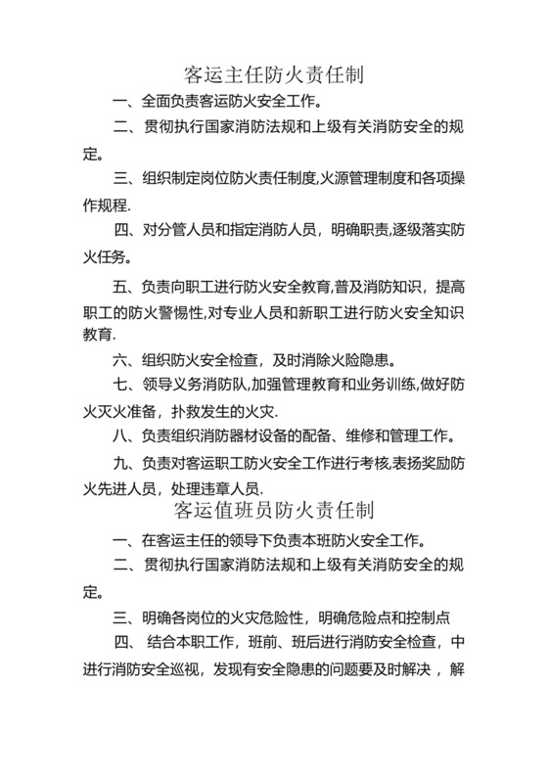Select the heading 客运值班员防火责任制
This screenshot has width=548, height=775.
(x=273, y=510)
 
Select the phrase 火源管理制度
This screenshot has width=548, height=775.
(x=369, y=179)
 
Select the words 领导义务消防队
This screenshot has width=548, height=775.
(x=193, y=385)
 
